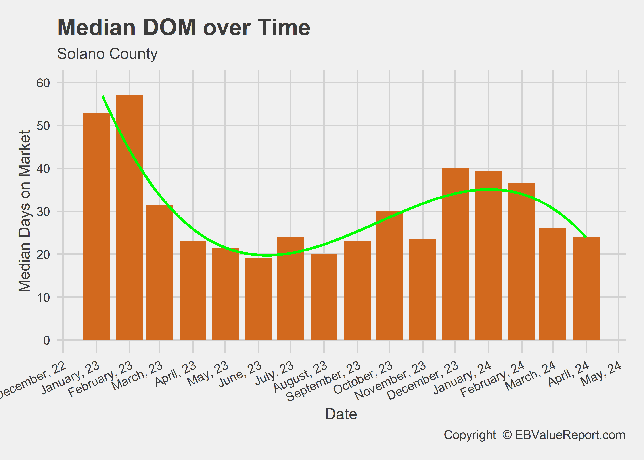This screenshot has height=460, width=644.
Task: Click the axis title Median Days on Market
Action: (25, 211)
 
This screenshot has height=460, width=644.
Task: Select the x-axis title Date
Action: (341, 414)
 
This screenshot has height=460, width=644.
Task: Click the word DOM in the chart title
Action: (169, 27)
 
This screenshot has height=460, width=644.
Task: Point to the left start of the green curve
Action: (103, 96)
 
